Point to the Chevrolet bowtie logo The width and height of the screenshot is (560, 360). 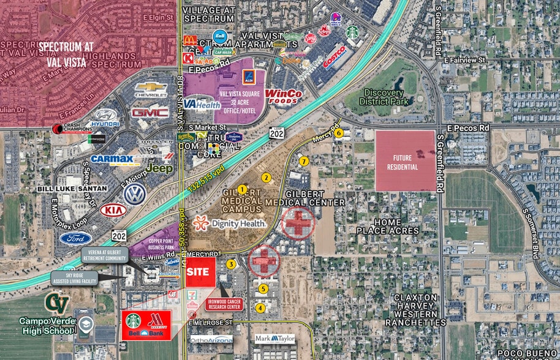[151, 91]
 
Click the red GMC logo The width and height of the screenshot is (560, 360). [149, 113]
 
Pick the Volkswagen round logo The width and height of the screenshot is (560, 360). [135, 194]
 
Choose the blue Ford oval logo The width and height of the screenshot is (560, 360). [75, 238]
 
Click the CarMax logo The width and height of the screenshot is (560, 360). [112, 160]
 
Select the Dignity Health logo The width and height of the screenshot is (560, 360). [230, 223]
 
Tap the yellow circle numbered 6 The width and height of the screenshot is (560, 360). [339, 133]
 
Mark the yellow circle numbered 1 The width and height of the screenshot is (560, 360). [242, 190]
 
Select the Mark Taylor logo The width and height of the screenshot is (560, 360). [274, 338]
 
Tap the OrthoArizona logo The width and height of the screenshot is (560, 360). [211, 339]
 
